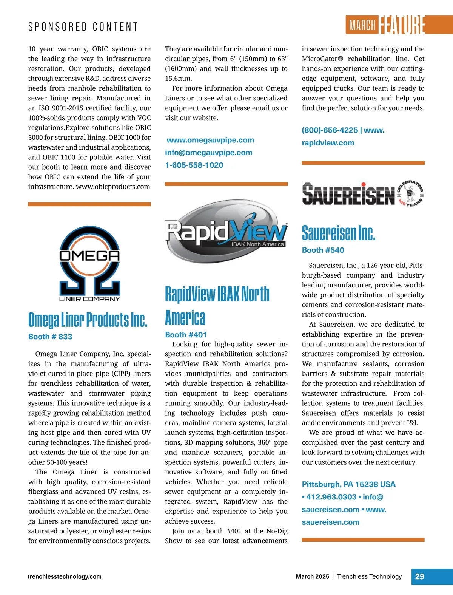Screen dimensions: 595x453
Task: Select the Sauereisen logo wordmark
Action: [x=348, y=194]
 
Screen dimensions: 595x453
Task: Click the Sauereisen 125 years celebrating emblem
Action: [x=411, y=193]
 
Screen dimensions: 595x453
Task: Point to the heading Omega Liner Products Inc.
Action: [x=88, y=320]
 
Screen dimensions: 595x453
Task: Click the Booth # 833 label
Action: [x=50, y=337]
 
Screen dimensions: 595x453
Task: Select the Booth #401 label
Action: [x=186, y=334]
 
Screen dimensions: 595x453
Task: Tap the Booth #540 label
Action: [x=323, y=250]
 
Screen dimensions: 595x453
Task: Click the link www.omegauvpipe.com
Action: [x=210, y=140]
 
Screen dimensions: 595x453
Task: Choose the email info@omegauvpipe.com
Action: [x=208, y=153]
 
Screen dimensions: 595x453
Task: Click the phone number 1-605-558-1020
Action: [x=194, y=165]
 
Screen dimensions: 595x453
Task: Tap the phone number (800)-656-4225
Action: [x=330, y=130]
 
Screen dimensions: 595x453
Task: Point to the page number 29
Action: [x=419, y=576]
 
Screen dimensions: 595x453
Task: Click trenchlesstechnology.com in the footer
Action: [x=64, y=576]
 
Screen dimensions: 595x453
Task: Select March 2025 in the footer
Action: [x=312, y=576]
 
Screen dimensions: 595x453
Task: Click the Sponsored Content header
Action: [x=83, y=27]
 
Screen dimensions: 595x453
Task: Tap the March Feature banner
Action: [x=385, y=25]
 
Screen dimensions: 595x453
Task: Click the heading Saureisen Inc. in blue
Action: [x=339, y=233]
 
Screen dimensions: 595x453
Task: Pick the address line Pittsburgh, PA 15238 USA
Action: [x=348, y=484]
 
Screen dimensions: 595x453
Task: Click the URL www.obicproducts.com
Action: [x=113, y=187]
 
